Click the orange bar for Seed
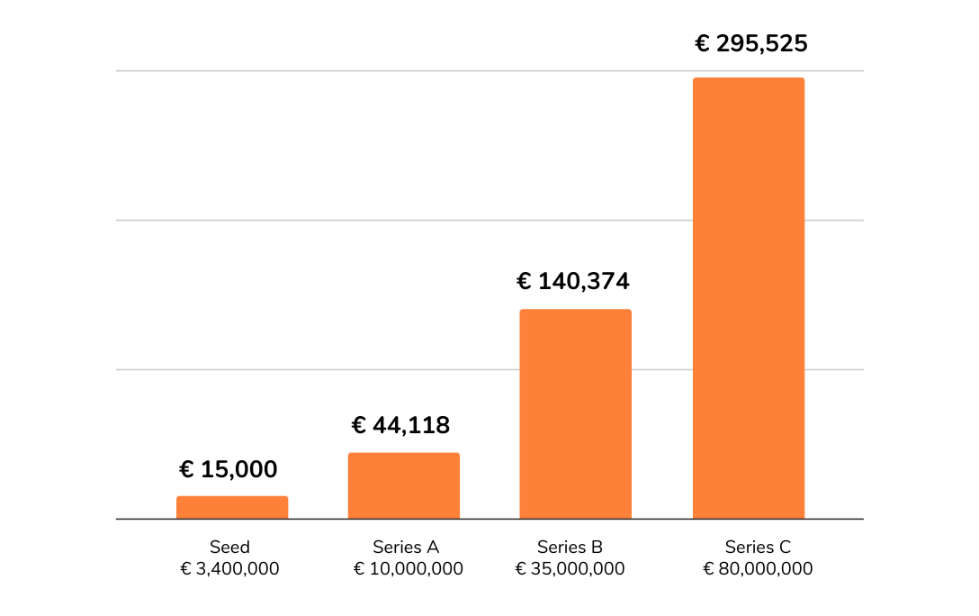click(x=232, y=507)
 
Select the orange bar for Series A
click(x=404, y=485)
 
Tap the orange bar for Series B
click(x=576, y=413)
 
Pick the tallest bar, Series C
click(x=748, y=297)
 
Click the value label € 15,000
click(x=229, y=469)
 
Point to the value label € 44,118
click(x=400, y=425)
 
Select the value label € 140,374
click(x=573, y=282)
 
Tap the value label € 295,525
click(x=751, y=44)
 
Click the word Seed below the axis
click(x=229, y=547)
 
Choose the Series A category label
click(x=406, y=547)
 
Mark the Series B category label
click(x=570, y=547)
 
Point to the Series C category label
click(x=758, y=547)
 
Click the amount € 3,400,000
click(x=229, y=569)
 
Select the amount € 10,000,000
click(x=408, y=569)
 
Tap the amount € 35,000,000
click(x=570, y=569)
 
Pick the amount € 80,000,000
click(x=758, y=569)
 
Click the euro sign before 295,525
click(x=703, y=44)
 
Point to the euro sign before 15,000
click(x=186, y=469)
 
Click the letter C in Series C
click(x=785, y=547)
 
